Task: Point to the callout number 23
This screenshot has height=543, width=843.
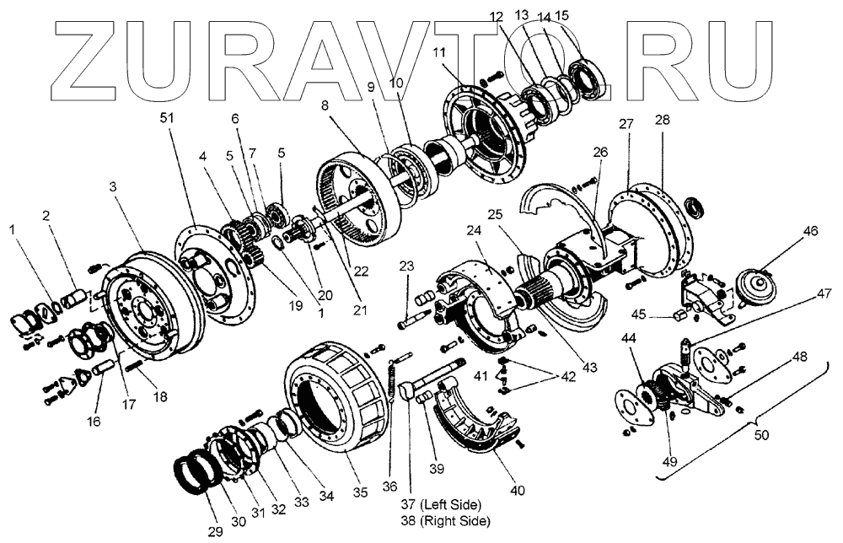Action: point(407,266)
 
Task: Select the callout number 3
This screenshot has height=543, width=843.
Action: point(113,187)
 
